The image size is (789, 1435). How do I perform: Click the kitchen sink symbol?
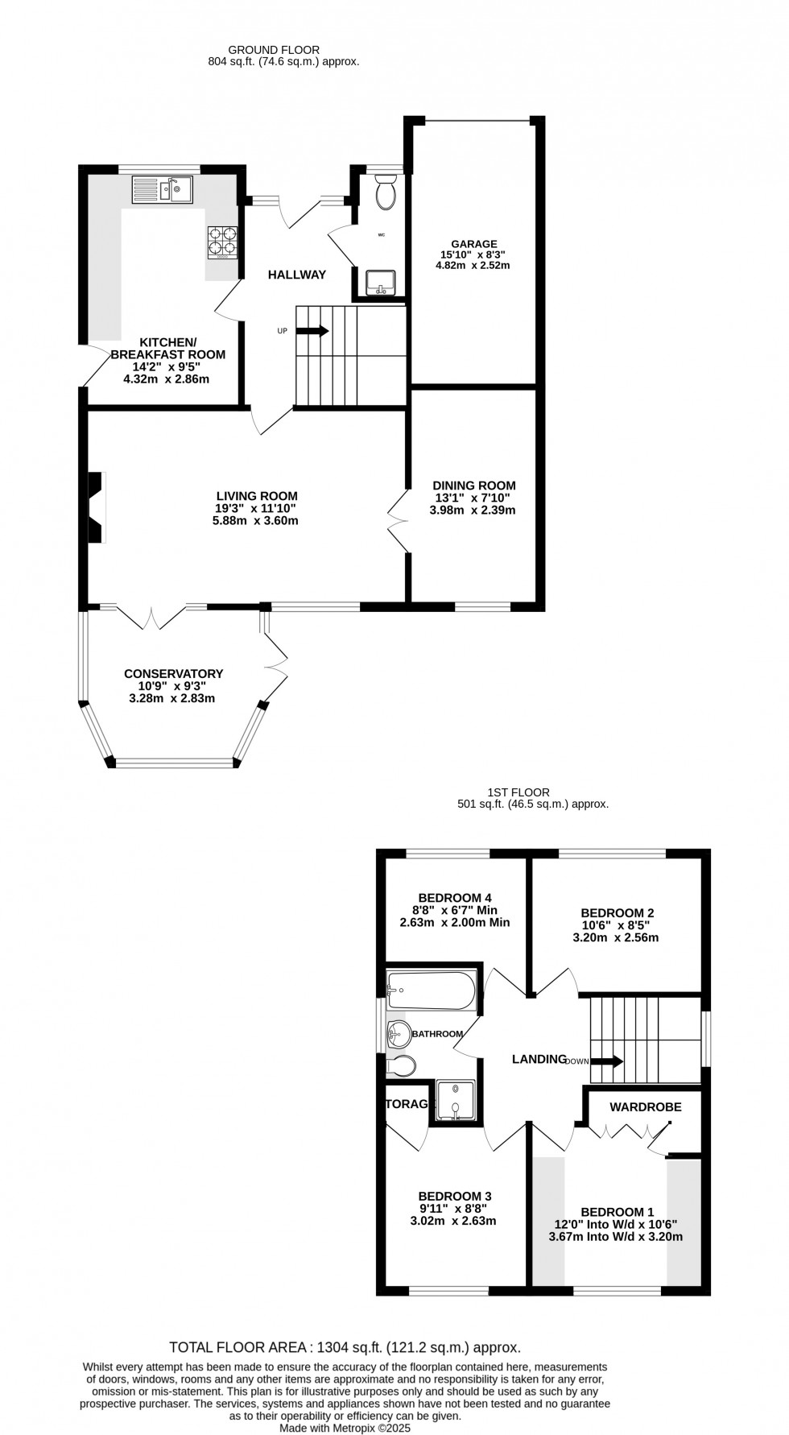[x=162, y=191]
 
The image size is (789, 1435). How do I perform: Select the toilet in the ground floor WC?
[x=386, y=193]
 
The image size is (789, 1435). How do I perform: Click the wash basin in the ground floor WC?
[x=379, y=283]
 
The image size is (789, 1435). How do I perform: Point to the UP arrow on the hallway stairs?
[x=313, y=330]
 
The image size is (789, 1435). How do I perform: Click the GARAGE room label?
[x=473, y=244]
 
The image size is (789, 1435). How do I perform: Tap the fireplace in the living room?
[x=96, y=507]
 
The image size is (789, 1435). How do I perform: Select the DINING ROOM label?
[x=473, y=486]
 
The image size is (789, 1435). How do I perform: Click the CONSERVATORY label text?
[x=173, y=674]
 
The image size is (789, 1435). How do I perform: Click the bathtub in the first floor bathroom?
[x=431, y=988]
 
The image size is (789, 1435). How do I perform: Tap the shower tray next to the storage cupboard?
[x=456, y=1100]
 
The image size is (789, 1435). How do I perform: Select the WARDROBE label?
[x=645, y=1107]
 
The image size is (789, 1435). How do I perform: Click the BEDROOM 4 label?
[x=455, y=898]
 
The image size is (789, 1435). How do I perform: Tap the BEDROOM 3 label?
[x=455, y=1197]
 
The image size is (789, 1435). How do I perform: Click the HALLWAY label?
[x=297, y=275]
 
